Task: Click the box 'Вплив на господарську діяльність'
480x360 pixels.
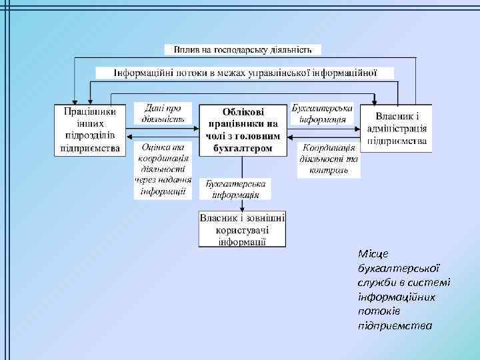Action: [x=243, y=50]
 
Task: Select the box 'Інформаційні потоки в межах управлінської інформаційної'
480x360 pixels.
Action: [x=245, y=73]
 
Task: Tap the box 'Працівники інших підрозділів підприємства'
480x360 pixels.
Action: [x=89, y=129]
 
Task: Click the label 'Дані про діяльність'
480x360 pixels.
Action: [x=163, y=113]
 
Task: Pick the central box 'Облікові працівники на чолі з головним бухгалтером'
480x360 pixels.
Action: [x=242, y=130]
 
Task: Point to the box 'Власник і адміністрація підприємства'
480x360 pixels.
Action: [x=396, y=129]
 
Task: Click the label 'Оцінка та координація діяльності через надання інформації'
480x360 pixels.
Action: [x=163, y=170]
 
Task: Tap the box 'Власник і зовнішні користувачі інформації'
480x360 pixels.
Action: [x=243, y=229]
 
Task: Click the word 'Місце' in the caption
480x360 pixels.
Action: [x=371, y=253]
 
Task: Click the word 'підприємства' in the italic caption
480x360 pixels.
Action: [x=394, y=326]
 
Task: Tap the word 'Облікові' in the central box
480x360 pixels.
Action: [x=242, y=112]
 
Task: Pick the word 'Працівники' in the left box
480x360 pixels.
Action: [x=89, y=111]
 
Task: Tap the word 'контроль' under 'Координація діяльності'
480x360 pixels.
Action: [x=329, y=170]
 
